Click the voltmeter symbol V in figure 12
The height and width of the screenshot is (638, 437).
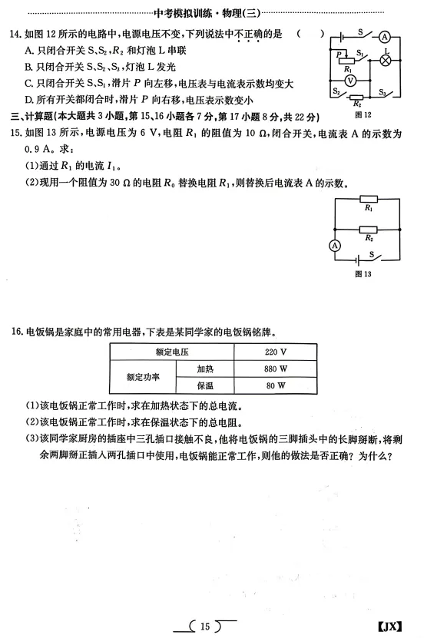[349, 79]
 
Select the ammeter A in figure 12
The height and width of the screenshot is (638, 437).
[387, 35]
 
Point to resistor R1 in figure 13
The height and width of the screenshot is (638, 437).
[369, 199]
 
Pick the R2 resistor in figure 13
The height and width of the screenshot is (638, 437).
[369, 229]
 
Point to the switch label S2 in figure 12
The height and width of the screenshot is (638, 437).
[336, 91]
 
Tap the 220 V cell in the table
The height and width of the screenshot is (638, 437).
[275, 352]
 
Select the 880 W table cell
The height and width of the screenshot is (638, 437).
[275, 369]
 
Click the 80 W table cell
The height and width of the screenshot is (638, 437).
[275, 386]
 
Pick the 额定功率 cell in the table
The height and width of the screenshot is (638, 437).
[143, 377]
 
